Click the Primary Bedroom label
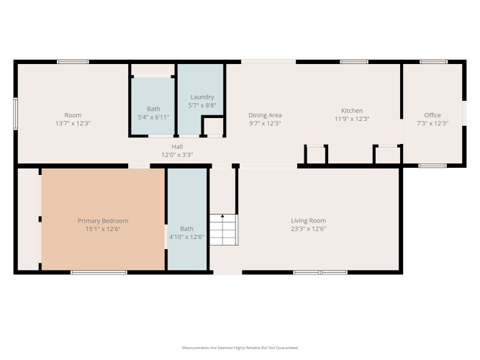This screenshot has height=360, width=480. [x=103, y=220]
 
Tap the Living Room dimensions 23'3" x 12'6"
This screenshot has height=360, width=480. [x=308, y=228]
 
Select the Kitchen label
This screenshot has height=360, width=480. [x=352, y=111]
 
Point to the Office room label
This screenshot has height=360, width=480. [x=433, y=115]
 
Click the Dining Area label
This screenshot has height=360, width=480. [x=265, y=115]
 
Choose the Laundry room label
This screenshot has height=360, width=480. [x=202, y=97]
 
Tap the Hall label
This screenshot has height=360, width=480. [x=177, y=147]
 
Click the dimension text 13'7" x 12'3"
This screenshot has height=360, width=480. [x=73, y=123]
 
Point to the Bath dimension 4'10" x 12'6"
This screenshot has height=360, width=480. [x=186, y=237]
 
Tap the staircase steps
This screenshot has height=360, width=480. [x=224, y=230]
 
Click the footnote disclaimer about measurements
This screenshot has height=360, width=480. [x=240, y=348]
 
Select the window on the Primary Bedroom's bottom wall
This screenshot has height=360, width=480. [x=99, y=272]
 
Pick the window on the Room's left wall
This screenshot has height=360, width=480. [x=15, y=114]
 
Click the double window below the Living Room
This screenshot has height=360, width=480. [x=320, y=272]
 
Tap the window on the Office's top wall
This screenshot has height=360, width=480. [x=433, y=62]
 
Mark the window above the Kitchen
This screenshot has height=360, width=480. [x=354, y=62]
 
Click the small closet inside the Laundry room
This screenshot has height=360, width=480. [x=213, y=126]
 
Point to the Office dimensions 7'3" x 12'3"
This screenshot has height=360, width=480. [x=433, y=123]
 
